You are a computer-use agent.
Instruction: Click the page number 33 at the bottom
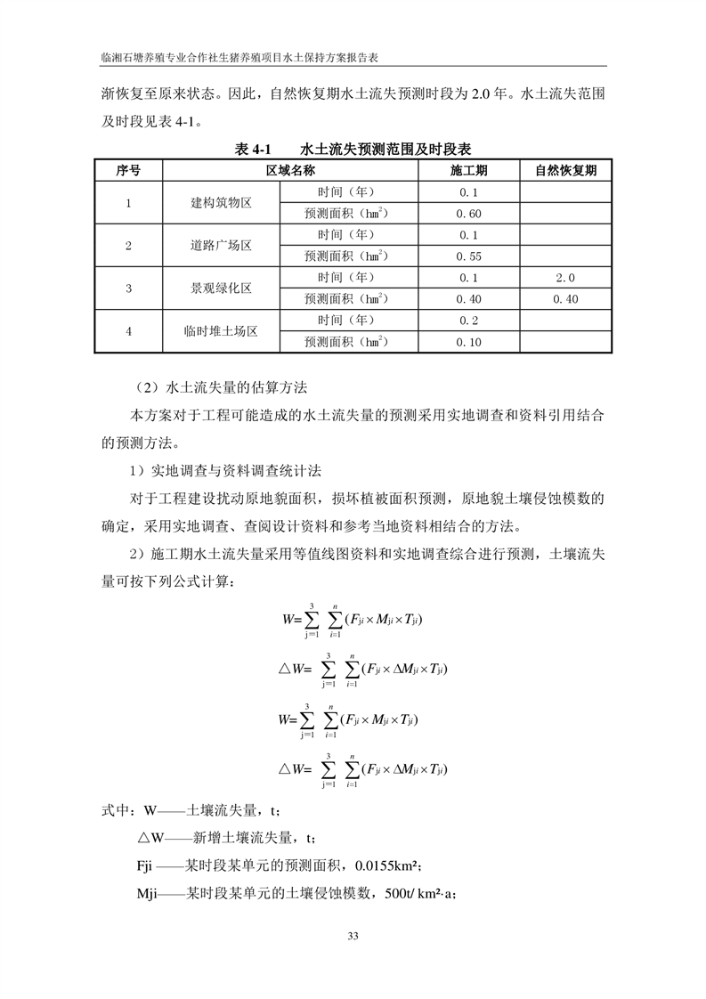(353, 935)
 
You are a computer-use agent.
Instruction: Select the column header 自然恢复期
(565, 170)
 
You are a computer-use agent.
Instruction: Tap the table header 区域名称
(290, 170)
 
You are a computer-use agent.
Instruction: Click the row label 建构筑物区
(221, 203)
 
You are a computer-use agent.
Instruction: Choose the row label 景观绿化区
(221, 288)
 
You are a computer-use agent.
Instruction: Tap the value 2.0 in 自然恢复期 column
(565, 278)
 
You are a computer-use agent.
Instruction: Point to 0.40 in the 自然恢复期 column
(565, 299)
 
